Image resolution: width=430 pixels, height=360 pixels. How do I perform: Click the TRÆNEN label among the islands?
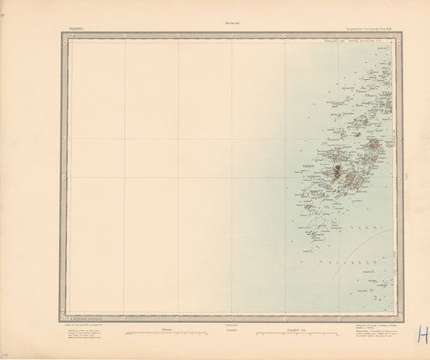click(309, 164)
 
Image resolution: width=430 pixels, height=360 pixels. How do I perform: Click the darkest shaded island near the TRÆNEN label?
click(333, 170)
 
